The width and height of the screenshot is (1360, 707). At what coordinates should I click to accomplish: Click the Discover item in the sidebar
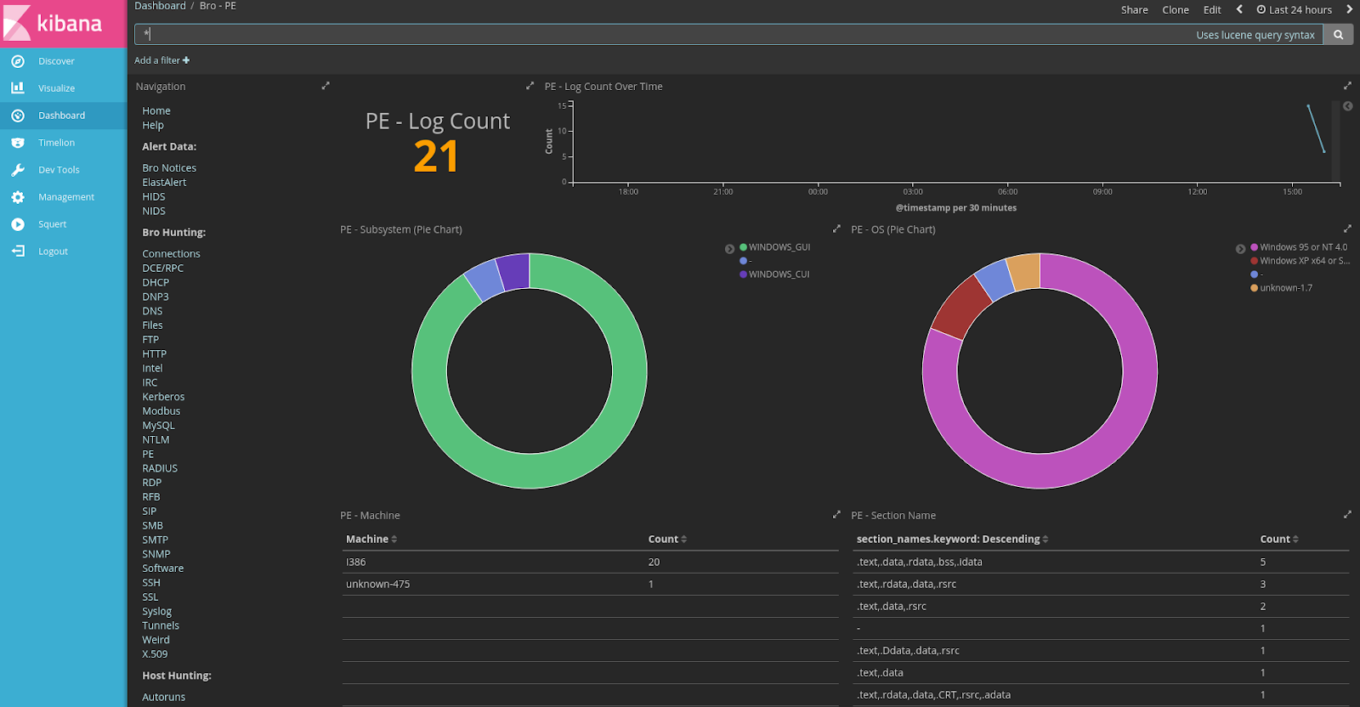(56, 61)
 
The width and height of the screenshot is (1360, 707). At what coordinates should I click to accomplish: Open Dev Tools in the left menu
(59, 170)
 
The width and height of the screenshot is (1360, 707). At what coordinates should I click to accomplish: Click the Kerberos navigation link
(163, 397)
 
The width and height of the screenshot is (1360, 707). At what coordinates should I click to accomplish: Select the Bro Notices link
(169, 168)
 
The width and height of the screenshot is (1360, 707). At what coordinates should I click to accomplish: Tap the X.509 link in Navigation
(155, 654)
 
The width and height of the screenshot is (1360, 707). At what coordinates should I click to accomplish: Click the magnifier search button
(1339, 35)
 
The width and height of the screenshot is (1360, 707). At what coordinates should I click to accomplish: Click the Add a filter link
(161, 60)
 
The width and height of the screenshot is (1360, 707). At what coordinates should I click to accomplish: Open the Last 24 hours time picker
(1295, 10)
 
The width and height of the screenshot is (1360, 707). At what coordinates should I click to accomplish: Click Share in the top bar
(1134, 10)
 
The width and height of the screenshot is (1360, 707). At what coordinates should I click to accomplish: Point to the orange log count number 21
(436, 156)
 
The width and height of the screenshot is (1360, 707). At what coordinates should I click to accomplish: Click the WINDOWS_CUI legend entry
(779, 274)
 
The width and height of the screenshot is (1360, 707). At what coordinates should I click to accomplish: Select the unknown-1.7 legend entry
(1285, 288)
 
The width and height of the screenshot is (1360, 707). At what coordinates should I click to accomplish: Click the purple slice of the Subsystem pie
(513, 271)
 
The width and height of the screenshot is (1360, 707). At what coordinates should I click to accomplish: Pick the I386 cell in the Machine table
(356, 563)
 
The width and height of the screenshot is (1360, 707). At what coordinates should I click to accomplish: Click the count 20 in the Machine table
(654, 563)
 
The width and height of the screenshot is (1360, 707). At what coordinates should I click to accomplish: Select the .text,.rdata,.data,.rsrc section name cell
(906, 585)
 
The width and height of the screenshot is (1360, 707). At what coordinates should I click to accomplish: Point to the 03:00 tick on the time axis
(913, 191)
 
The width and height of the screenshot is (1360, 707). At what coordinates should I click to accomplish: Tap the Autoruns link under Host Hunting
(163, 697)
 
